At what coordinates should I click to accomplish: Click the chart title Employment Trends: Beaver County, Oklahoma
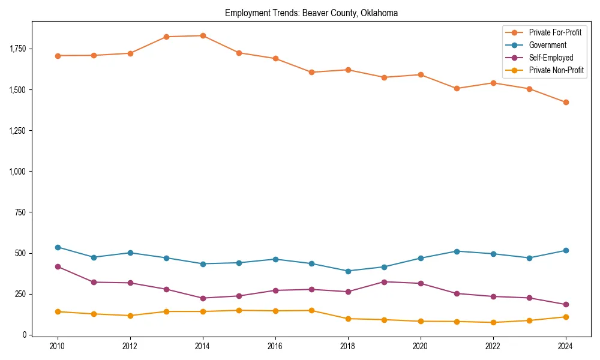coord(311,13)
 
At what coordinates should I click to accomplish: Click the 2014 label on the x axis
coord(203,346)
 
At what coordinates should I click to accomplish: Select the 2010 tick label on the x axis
coord(58,346)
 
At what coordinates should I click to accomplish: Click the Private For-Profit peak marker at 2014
coord(203,35)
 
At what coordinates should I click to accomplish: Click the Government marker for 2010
coord(58,247)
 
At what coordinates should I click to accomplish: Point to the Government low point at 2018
coord(348,271)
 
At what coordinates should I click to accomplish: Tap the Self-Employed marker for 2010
coord(58,266)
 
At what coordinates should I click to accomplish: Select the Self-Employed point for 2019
coord(384,282)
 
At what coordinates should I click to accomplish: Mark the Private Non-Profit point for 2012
coord(130,316)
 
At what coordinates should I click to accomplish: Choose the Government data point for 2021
coord(457,251)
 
